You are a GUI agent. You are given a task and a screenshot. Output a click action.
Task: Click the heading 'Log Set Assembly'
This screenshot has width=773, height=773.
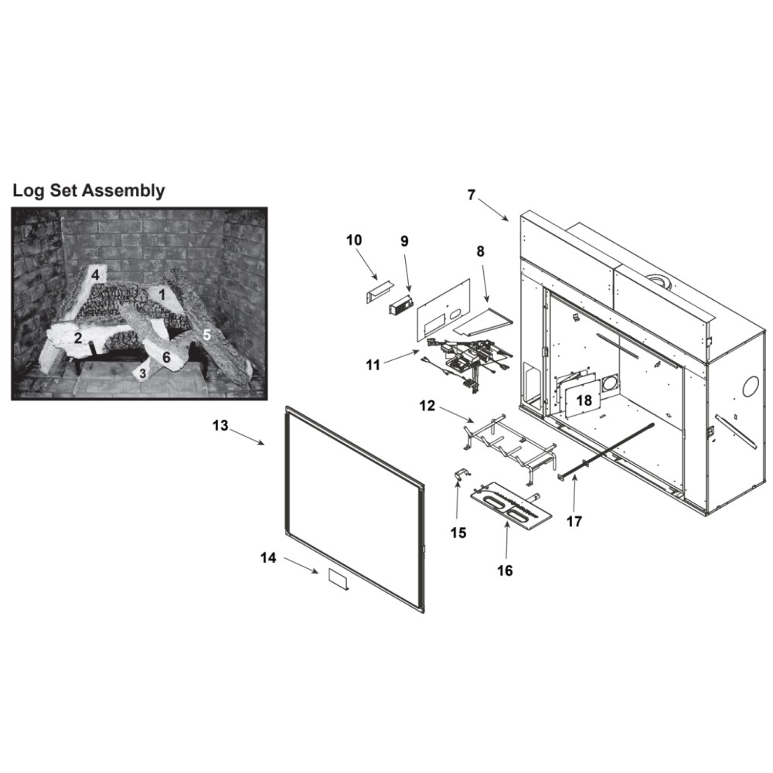click(x=89, y=190)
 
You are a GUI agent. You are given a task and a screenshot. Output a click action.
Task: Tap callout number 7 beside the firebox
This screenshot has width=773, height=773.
click(x=472, y=196)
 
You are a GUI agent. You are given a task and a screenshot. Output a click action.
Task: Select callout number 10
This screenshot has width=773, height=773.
click(x=354, y=240)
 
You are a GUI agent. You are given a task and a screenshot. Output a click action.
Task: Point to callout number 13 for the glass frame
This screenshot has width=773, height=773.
click(x=220, y=425)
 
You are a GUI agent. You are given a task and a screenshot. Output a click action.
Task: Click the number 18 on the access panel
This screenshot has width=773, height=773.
click(x=584, y=400)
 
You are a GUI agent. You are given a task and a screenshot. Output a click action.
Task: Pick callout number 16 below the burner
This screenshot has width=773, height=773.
click(x=506, y=570)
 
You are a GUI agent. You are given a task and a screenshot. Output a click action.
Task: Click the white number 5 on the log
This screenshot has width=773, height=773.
click(x=207, y=335)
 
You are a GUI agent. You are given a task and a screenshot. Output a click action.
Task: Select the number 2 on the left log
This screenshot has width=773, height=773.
click(x=78, y=339)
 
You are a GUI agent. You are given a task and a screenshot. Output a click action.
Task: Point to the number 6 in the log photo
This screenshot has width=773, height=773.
click(x=167, y=357)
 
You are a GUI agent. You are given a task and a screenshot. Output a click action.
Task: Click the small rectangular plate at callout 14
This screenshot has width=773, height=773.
click(x=339, y=579)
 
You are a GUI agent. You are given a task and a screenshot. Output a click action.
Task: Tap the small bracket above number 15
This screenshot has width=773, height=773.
click(x=461, y=475)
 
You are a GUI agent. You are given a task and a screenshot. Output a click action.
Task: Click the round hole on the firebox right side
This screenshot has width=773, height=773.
click(x=751, y=386)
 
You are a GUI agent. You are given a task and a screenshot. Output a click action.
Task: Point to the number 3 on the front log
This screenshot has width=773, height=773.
click(x=143, y=373)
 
